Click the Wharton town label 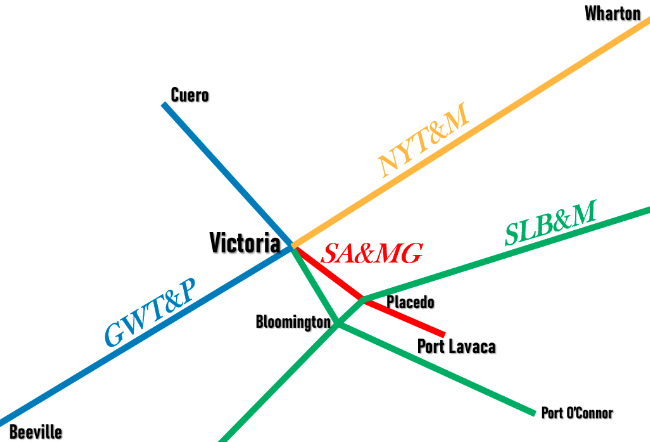click(613, 13)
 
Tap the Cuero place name click(190, 96)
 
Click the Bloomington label click(292, 322)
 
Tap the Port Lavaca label click(455, 347)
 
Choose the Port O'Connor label click(576, 412)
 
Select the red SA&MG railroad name click(371, 253)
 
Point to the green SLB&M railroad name click(550, 224)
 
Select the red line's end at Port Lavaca click(443, 333)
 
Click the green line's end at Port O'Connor click(534, 411)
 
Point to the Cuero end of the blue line click(165, 104)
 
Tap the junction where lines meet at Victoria click(292, 245)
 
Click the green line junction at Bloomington click(339, 324)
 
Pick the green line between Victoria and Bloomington click(315, 284)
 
